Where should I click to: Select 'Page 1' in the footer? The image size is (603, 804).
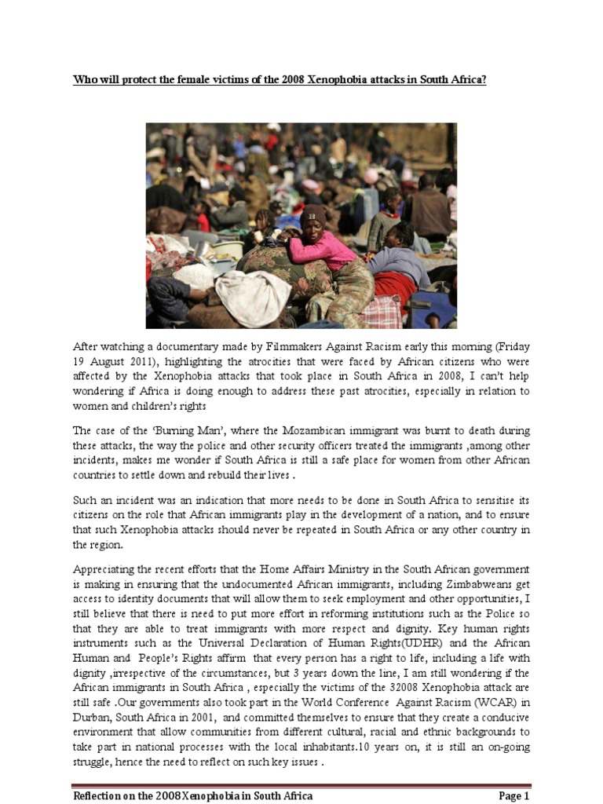pyautogui.click(x=513, y=795)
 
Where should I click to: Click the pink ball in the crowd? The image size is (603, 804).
pyautogui.click(x=370, y=176)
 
